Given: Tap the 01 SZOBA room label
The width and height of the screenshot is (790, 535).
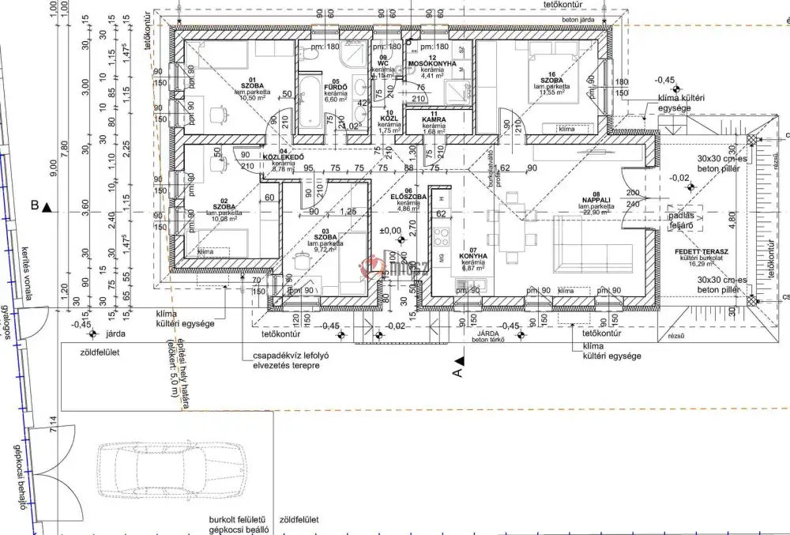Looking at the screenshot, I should (x=254, y=85).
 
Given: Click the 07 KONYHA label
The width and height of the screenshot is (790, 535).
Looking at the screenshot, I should (x=474, y=257).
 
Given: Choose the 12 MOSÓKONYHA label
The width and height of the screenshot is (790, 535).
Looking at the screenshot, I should (x=431, y=62).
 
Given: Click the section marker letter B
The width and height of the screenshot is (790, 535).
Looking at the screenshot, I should (x=36, y=207).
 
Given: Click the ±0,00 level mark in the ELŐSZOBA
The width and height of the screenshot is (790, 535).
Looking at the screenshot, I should (x=389, y=230).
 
